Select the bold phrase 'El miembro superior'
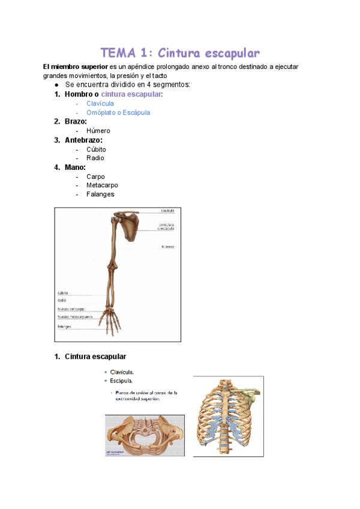75,67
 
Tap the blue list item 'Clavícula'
100,103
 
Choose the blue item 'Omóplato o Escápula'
118,112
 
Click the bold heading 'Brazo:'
79,121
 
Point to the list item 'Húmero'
98,131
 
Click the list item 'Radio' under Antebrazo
95,158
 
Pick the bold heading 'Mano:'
77,167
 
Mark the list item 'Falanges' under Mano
100,194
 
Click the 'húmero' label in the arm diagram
168,247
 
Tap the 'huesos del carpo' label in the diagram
71,309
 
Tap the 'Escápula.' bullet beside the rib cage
121,381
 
